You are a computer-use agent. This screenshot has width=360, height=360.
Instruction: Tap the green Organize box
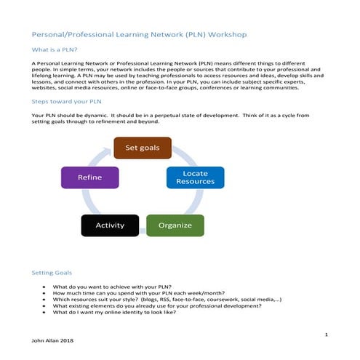tap(175, 225)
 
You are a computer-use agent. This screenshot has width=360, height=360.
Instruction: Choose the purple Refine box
tap(89, 177)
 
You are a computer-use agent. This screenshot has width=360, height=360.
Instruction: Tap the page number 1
tap(327, 333)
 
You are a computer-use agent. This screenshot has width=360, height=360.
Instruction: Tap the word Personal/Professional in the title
tap(68, 34)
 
